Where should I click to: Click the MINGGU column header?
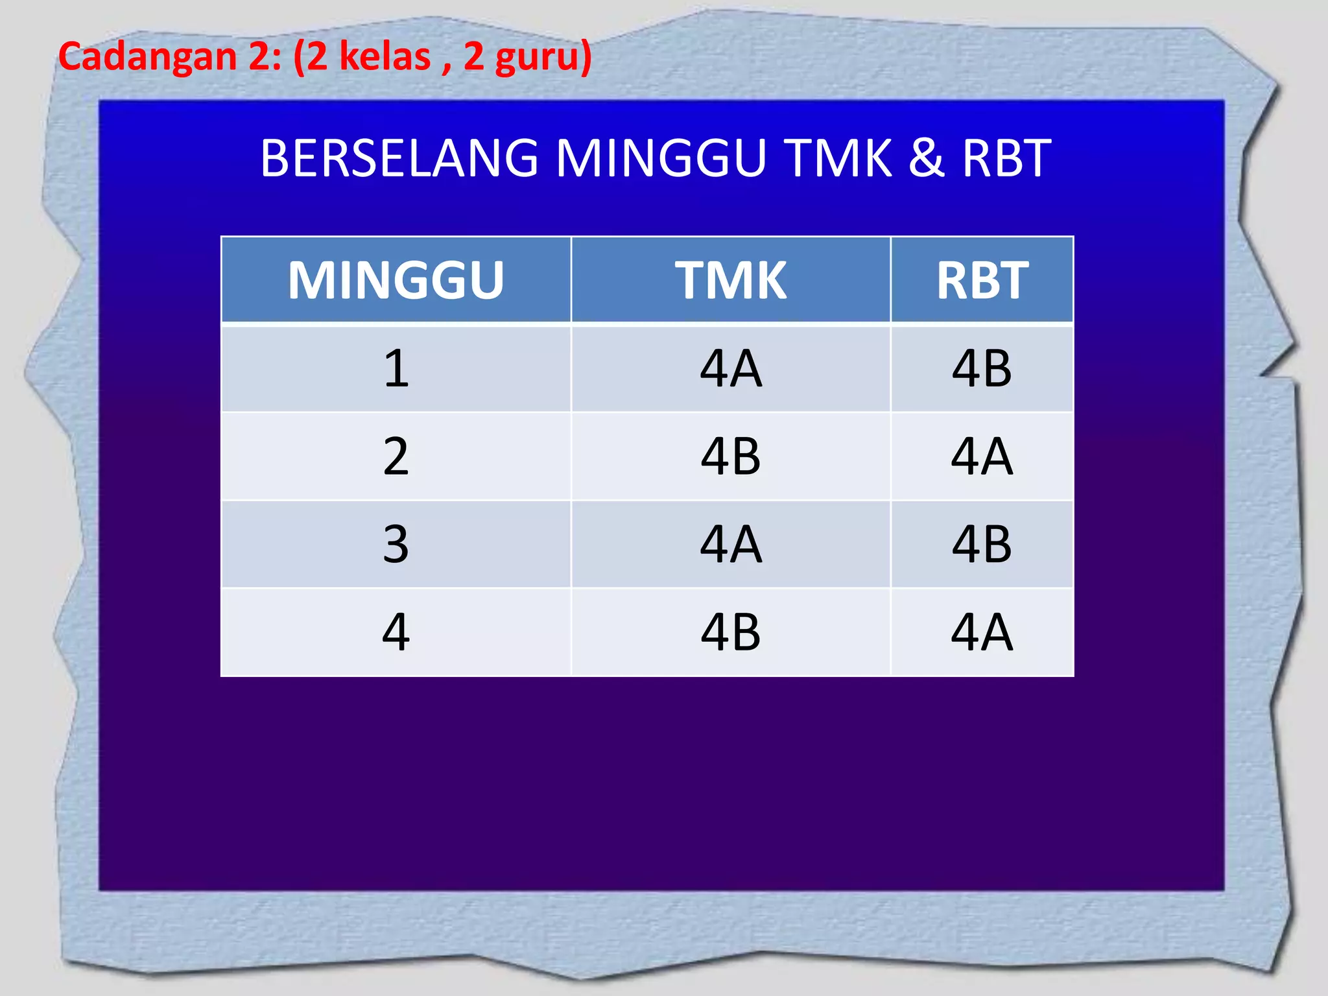click(x=396, y=280)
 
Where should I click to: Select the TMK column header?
click(x=731, y=280)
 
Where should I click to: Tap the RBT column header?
click(x=982, y=280)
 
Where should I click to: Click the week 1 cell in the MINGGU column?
click(x=396, y=368)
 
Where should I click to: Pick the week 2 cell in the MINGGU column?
click(x=396, y=456)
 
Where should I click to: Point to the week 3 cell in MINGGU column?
click(x=396, y=544)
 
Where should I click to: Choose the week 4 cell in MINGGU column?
click(x=396, y=632)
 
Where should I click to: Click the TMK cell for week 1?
click(x=731, y=368)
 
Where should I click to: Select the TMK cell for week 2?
click(x=731, y=456)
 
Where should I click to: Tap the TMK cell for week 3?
click(x=731, y=544)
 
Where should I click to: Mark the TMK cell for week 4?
click(x=731, y=632)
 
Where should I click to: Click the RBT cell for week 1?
click(x=982, y=368)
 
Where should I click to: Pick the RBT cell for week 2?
click(x=982, y=456)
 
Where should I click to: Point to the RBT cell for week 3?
click(x=982, y=544)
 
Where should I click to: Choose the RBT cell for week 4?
click(x=982, y=632)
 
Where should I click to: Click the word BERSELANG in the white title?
click(x=399, y=158)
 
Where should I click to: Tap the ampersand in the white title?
click(x=926, y=158)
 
